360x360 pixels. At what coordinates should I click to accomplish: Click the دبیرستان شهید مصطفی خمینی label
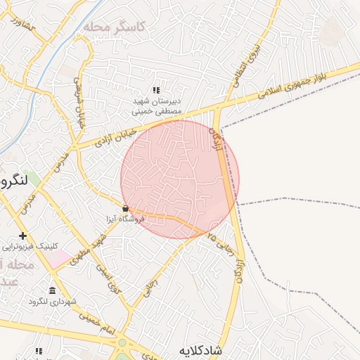157,106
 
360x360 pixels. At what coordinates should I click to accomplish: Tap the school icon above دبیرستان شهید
156,91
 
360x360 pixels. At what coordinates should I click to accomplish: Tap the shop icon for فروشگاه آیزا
125,208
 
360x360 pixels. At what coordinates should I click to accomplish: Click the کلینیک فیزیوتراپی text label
29,247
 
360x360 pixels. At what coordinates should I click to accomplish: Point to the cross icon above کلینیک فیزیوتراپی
23,236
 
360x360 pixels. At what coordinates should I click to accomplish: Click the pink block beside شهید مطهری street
59,259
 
